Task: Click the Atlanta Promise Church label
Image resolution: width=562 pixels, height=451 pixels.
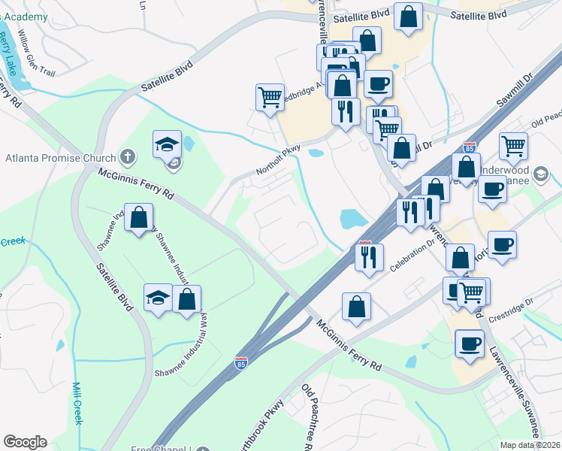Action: (x=60, y=158)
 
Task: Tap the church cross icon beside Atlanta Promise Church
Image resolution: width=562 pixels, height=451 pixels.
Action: (x=128, y=158)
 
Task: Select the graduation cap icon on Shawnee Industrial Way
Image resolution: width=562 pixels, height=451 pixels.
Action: (x=159, y=298)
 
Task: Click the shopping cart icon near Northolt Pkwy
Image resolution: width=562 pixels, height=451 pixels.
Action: (x=270, y=96)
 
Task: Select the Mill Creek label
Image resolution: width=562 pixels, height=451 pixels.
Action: (x=77, y=403)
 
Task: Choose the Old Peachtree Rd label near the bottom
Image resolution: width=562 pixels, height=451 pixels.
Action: (x=316, y=413)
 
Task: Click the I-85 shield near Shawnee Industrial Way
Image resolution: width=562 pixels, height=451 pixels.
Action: (x=241, y=363)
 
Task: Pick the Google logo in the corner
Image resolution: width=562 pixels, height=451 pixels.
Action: (x=25, y=442)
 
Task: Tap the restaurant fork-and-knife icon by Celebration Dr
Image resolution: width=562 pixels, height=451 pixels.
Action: (x=369, y=257)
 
